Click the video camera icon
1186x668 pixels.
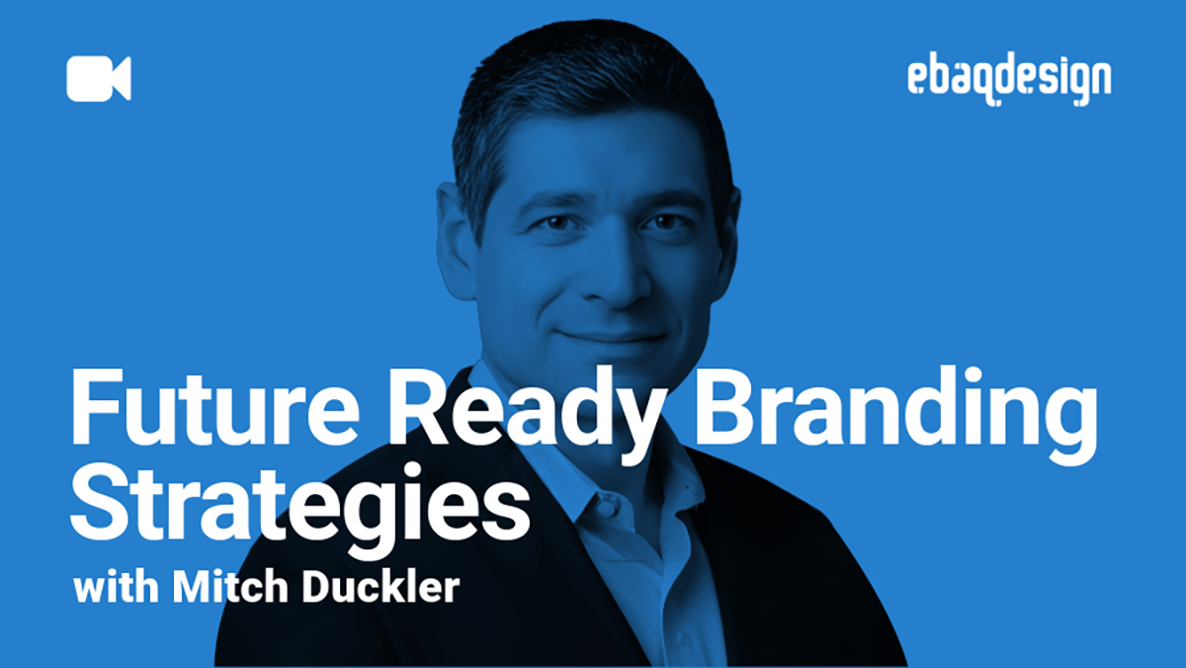(x=99, y=79)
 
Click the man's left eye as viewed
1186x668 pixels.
(x=554, y=223)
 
